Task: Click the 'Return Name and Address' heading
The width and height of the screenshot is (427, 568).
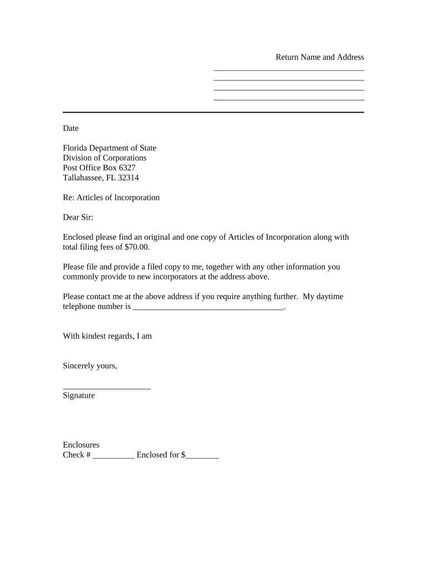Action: tap(320, 57)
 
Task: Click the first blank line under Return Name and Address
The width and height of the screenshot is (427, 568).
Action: tap(289, 70)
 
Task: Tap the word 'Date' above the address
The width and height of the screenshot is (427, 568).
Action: tap(70, 128)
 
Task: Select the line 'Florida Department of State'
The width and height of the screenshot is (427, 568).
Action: tap(109, 148)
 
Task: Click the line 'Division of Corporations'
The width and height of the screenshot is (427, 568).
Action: tap(104, 158)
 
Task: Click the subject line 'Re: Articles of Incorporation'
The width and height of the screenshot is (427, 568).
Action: tap(111, 197)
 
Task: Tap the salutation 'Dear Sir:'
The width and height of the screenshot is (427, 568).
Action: tap(78, 217)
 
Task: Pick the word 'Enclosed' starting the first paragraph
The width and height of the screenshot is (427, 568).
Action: tap(78, 237)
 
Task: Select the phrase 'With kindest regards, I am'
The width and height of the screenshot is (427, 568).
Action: tap(107, 336)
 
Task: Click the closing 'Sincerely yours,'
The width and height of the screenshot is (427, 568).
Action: tap(90, 366)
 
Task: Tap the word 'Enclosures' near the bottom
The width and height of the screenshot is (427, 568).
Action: tap(81, 445)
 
